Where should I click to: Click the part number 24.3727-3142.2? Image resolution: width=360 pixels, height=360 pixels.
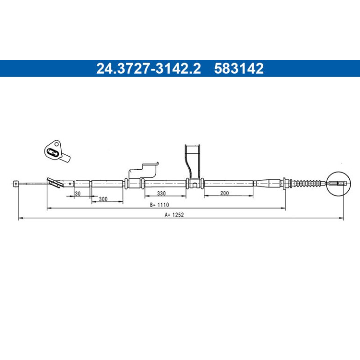tap(148, 68)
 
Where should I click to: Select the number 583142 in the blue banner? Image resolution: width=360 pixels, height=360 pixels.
tap(239, 68)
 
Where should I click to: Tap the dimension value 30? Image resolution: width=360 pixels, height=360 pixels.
tap(78, 194)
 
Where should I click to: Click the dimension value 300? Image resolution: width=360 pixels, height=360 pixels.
tap(103, 199)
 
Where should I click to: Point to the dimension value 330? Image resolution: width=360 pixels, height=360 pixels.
tap(161, 194)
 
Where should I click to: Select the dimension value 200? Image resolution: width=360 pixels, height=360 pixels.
tap(224, 193)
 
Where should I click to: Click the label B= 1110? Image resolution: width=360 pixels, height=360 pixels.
tap(159, 205)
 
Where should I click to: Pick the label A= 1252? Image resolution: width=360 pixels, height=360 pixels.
tap(174, 215)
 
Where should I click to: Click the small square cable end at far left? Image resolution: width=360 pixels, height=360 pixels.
tap(15, 183)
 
